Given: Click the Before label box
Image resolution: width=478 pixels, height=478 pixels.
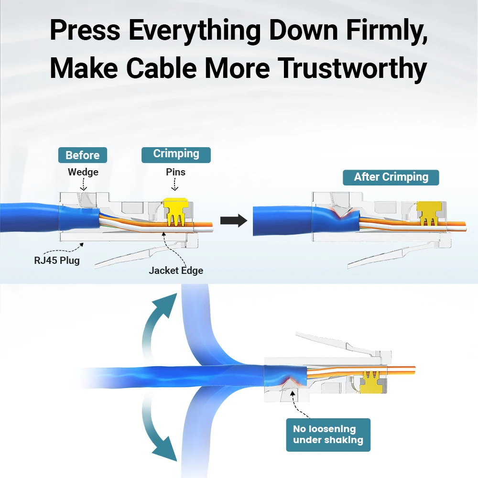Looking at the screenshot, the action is click(83, 155).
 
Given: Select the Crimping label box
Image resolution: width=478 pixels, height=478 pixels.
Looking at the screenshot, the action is click(176, 154).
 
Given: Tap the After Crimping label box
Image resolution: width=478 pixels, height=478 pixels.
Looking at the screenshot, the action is click(391, 177).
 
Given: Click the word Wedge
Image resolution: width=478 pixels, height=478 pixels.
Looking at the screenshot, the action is click(83, 172).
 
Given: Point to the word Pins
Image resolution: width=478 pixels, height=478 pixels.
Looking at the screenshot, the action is click(175, 172).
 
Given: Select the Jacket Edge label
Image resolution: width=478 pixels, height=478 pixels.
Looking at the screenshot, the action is click(176, 271).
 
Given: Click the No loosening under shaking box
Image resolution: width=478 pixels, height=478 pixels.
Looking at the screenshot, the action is click(328, 435).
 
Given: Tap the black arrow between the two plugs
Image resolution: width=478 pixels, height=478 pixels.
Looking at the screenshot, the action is click(233, 221).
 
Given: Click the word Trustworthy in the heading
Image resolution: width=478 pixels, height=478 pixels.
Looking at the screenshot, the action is click(352, 68).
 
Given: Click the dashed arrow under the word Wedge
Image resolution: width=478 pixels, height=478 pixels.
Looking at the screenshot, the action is click(83, 184).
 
